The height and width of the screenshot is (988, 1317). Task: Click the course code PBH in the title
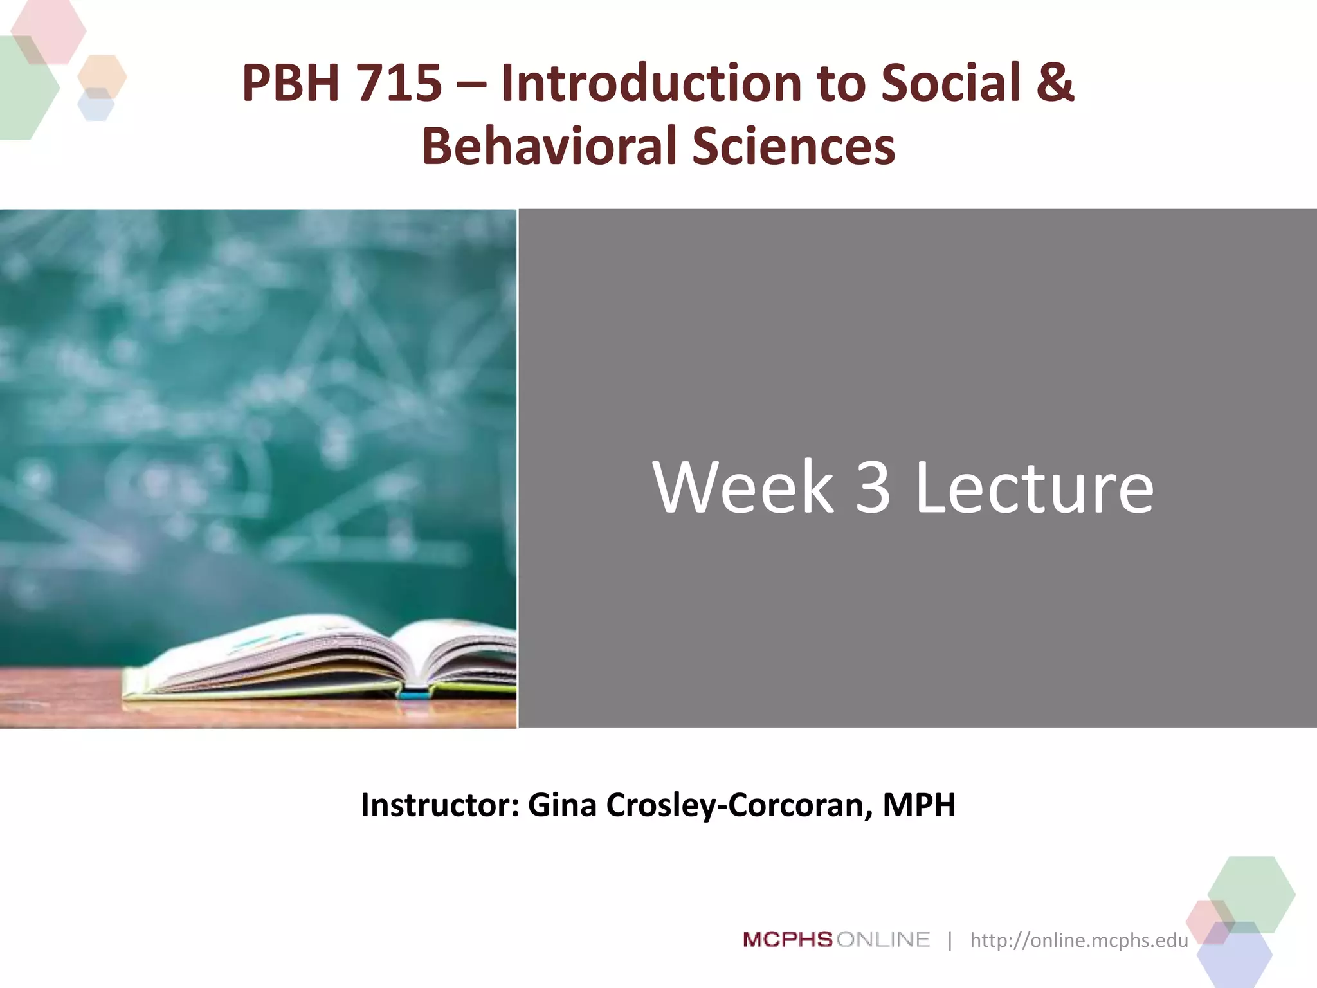point(290,84)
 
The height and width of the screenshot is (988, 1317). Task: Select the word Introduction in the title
point(651,84)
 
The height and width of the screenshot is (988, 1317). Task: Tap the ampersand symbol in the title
point(1055,84)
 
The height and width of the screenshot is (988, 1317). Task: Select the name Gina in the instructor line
point(562,805)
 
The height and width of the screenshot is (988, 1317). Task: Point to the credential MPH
point(919,805)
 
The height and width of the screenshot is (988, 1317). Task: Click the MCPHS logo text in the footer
point(788,940)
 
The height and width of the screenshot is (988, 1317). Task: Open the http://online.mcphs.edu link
point(1078,940)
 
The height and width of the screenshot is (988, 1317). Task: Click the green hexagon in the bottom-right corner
point(1251,894)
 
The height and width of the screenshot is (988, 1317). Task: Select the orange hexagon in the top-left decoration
point(102,77)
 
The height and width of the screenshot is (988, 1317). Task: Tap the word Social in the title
point(950,84)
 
